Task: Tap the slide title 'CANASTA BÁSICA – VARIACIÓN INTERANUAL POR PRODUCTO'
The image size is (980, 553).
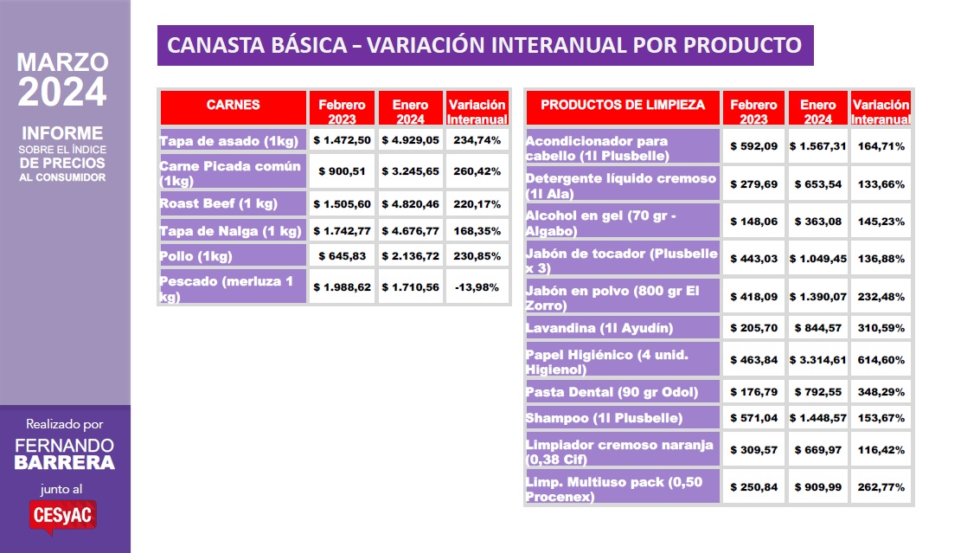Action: (484, 45)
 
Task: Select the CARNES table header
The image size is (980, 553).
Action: (233, 106)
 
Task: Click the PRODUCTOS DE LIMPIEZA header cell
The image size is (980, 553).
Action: (623, 106)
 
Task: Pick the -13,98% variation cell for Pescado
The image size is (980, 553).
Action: (477, 287)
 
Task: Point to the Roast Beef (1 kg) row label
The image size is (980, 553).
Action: (233, 204)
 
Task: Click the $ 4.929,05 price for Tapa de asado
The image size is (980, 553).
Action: (411, 140)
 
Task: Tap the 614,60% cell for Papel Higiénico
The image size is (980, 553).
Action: (881, 359)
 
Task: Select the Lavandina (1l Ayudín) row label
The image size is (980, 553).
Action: (599, 328)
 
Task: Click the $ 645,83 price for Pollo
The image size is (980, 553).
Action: (342, 256)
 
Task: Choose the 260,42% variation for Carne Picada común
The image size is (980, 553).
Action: (477, 172)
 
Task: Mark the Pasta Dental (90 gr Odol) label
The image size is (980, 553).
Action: (612, 392)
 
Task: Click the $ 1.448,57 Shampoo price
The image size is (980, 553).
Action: (817, 418)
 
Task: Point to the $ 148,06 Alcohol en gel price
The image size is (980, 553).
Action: (753, 222)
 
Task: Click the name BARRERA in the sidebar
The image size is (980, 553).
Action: (64, 463)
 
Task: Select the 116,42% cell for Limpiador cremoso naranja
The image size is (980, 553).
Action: (881, 451)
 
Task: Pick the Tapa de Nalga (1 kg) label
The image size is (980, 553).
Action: (231, 231)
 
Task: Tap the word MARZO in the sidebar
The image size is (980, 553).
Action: (63, 62)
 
